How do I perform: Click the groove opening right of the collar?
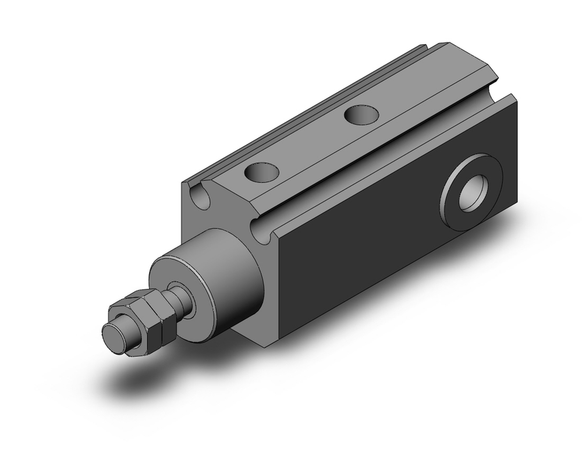[262, 233]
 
